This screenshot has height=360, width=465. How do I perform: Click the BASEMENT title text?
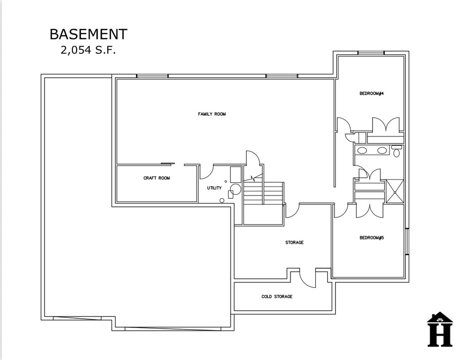click(88, 34)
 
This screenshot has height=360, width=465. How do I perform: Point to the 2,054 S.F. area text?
click(88, 50)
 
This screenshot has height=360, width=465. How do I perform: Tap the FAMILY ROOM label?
click(212, 114)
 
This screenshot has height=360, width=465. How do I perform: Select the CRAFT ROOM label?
click(157, 178)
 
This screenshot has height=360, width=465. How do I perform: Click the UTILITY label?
click(214, 188)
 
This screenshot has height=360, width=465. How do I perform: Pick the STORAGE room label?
click(295, 242)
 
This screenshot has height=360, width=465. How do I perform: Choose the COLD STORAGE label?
click(277, 297)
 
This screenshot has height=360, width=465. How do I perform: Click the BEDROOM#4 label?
click(372, 94)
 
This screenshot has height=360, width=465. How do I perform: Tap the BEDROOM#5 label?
click(372, 238)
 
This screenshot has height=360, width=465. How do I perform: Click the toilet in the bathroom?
click(396, 151)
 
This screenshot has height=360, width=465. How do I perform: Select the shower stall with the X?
click(395, 192)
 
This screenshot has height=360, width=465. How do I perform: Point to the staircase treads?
click(263, 193)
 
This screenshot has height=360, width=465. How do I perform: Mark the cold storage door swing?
click(307, 278)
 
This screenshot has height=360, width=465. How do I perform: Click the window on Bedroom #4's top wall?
click(371, 53)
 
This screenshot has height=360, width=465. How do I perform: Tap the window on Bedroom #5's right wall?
click(407, 241)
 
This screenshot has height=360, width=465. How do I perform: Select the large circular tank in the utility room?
click(236, 189)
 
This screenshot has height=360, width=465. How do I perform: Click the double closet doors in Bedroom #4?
click(386, 124)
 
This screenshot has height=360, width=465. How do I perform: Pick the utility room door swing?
click(206, 172)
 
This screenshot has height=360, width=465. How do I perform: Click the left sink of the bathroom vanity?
click(361, 150)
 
